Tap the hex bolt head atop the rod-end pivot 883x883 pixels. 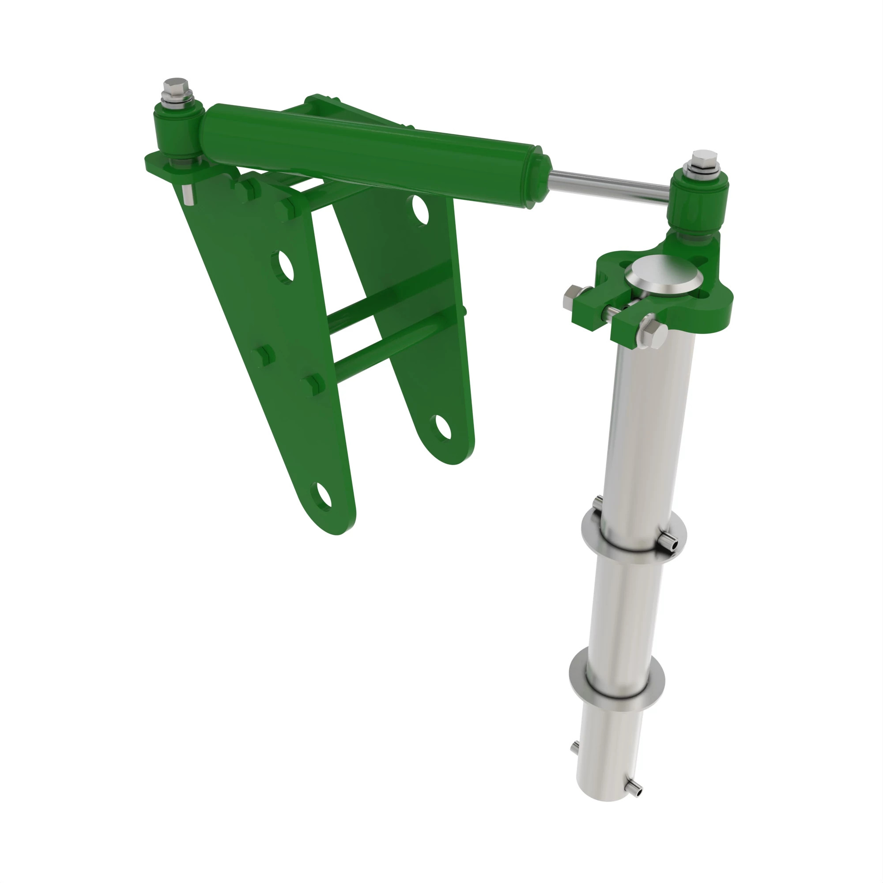click(x=704, y=157)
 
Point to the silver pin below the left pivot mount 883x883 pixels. click(x=187, y=194)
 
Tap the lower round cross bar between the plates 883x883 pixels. click(x=389, y=347)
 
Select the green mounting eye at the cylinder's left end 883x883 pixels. click(x=179, y=130)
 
